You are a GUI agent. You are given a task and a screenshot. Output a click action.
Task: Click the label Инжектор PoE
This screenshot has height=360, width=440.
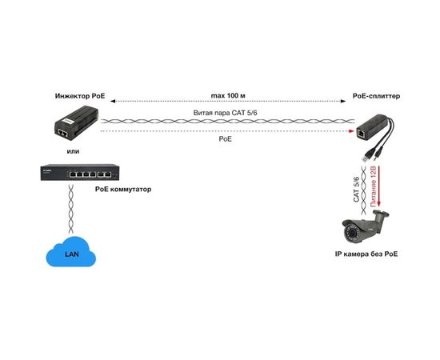(x=80, y=95)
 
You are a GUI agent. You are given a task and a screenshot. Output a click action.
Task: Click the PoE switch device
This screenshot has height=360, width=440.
(x=79, y=172)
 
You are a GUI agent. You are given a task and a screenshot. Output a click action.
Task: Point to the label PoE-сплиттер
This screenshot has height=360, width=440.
(x=375, y=95)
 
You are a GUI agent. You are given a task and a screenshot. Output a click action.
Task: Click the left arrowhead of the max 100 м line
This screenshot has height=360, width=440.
(x=113, y=102)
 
